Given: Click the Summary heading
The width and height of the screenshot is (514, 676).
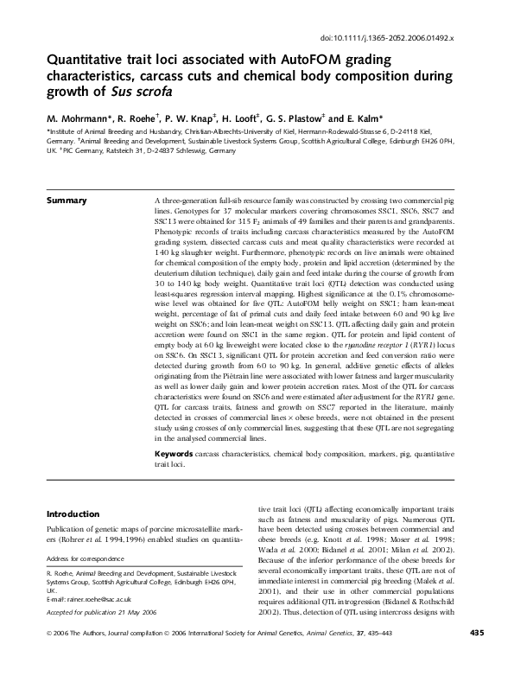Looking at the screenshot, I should pyautogui.click(x=66, y=201).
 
